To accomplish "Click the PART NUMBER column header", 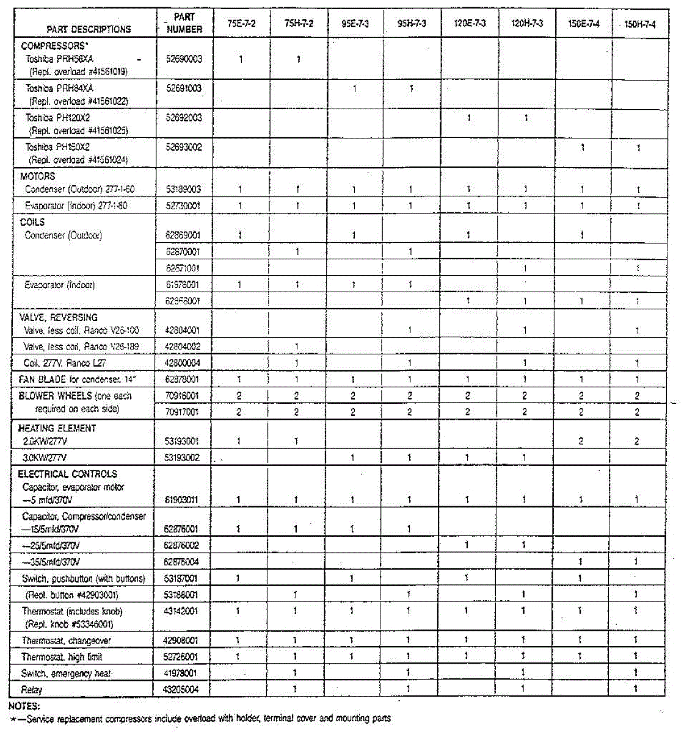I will pyautogui.click(x=184, y=23).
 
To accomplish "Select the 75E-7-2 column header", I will pyautogui.click(x=241, y=24).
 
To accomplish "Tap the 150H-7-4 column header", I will pyautogui.click(x=640, y=24).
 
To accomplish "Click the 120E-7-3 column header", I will pyautogui.click(x=469, y=24).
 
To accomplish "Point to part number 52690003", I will pyautogui.click(x=184, y=59).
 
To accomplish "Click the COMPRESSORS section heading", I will pyautogui.click(x=53, y=46).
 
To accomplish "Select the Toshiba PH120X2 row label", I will pyautogui.click(x=58, y=118).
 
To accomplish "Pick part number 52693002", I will pyautogui.click(x=184, y=147).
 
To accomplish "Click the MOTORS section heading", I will pyautogui.click(x=37, y=176).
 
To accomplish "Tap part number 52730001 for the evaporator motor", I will pyautogui.click(x=184, y=206).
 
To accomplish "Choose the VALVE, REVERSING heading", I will pyautogui.click(x=58, y=317).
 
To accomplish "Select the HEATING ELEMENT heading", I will pyautogui.click(x=57, y=428).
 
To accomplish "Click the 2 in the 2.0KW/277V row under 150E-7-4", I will pyautogui.click(x=581, y=441).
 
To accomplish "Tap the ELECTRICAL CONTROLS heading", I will pyautogui.click(x=67, y=474).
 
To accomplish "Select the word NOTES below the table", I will pyautogui.click(x=24, y=706).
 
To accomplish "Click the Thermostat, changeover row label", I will pyautogui.click(x=67, y=640).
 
